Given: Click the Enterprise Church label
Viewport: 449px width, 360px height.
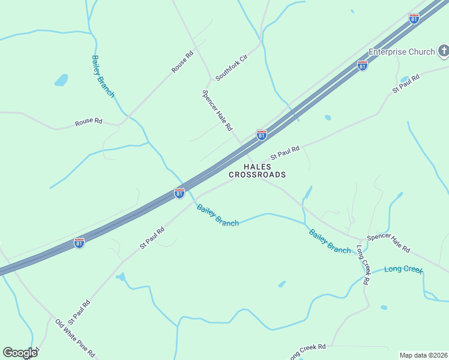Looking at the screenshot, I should (x=401, y=52).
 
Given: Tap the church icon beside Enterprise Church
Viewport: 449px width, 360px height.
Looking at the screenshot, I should (x=444, y=52).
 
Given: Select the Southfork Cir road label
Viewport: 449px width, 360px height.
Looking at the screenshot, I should (x=231, y=68).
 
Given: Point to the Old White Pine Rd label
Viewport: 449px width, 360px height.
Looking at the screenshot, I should (x=75, y=338).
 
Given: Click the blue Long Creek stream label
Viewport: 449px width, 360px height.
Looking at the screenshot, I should (x=403, y=269).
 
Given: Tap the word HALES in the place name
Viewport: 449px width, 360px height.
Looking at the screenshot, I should (x=257, y=166).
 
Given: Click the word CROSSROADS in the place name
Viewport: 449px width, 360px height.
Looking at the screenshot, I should (x=257, y=175).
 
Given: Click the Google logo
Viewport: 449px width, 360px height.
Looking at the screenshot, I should (x=20, y=353).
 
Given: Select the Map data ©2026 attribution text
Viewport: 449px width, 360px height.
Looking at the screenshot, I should (x=423, y=355).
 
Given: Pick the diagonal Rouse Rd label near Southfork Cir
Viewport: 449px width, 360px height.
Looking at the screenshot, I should (x=182, y=62).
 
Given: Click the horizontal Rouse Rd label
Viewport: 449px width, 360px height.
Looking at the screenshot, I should (x=88, y=122).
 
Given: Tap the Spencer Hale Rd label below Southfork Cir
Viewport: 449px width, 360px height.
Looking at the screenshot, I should (x=217, y=110).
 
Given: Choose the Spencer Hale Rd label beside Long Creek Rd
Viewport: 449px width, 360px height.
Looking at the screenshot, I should (x=388, y=242).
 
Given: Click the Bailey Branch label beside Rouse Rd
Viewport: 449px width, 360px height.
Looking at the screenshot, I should (x=103, y=76).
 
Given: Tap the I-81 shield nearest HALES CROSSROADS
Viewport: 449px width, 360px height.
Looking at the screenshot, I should (x=261, y=135).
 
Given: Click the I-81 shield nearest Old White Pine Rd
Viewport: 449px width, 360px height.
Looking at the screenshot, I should (x=79, y=242).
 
